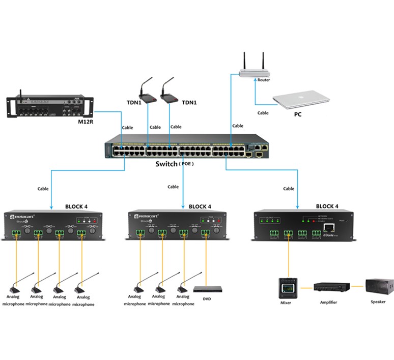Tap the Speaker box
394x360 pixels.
pyautogui.click(x=379, y=286)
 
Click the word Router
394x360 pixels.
pyautogui.click(x=264, y=80)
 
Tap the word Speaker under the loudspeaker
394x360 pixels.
pyautogui.click(x=378, y=301)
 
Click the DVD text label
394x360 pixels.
pyautogui.click(x=206, y=299)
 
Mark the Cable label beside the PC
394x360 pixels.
pyautogui.click(x=263, y=113)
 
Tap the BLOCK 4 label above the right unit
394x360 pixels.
pyautogui.click(x=327, y=206)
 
